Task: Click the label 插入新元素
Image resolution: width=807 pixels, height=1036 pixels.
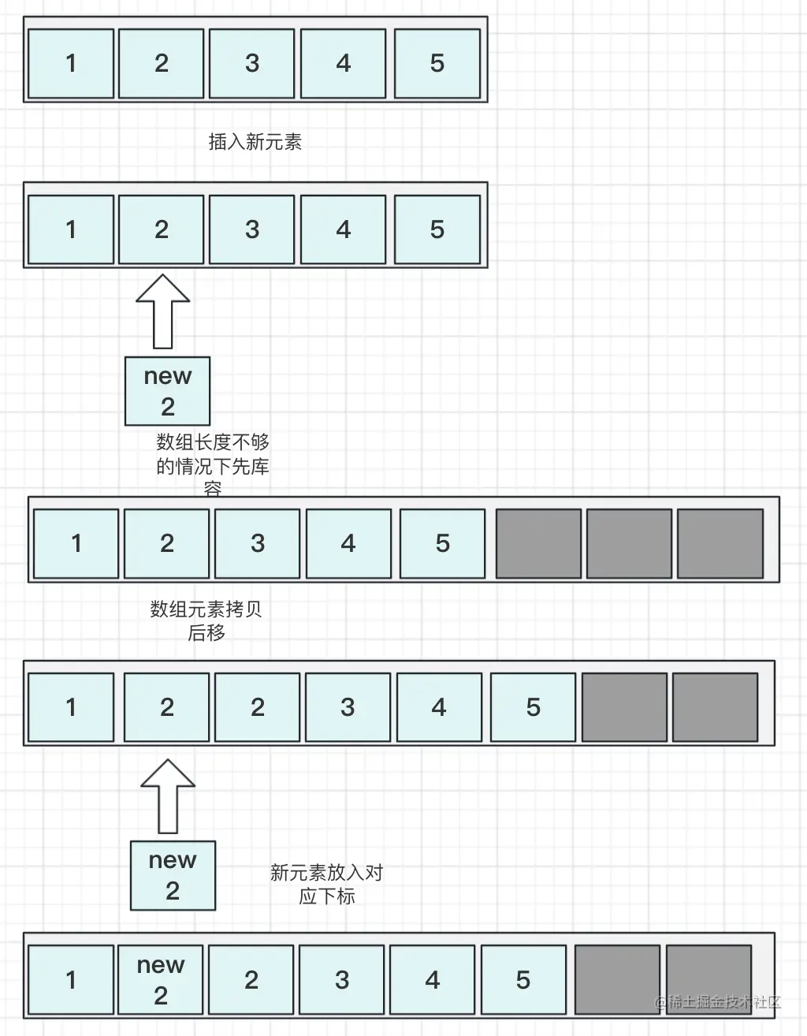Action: pos(255,142)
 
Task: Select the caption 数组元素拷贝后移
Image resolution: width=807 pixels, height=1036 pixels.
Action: pos(206,620)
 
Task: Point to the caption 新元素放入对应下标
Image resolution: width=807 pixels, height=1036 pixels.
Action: pos(326,884)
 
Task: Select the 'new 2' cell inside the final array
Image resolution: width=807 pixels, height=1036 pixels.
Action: pos(161,979)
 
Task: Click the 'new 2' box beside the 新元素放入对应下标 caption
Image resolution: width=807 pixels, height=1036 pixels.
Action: pos(173,875)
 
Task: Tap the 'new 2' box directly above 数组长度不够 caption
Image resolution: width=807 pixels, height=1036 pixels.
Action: pos(167,391)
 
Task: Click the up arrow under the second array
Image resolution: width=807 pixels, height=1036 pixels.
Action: pos(163,311)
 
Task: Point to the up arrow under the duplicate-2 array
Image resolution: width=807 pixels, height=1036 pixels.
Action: pos(168,796)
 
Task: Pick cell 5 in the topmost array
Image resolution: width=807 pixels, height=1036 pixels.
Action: pos(437,64)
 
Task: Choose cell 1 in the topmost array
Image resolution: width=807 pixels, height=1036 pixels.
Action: pos(71,64)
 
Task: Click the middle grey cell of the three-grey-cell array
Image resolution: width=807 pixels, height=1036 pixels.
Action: pos(629,543)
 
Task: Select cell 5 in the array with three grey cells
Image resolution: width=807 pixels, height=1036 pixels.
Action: pos(442,543)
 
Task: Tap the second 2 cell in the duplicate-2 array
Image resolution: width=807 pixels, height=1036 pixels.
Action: pos(258,707)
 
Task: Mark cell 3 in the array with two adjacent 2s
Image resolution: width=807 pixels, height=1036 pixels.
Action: pos(348,707)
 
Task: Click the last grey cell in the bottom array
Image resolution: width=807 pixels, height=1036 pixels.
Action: pos(708,979)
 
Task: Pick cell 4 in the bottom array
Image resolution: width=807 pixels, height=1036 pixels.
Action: pos(432,979)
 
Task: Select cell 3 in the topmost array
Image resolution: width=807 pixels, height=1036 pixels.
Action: pos(252,64)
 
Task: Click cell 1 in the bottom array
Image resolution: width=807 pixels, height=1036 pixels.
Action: pos(71,979)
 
